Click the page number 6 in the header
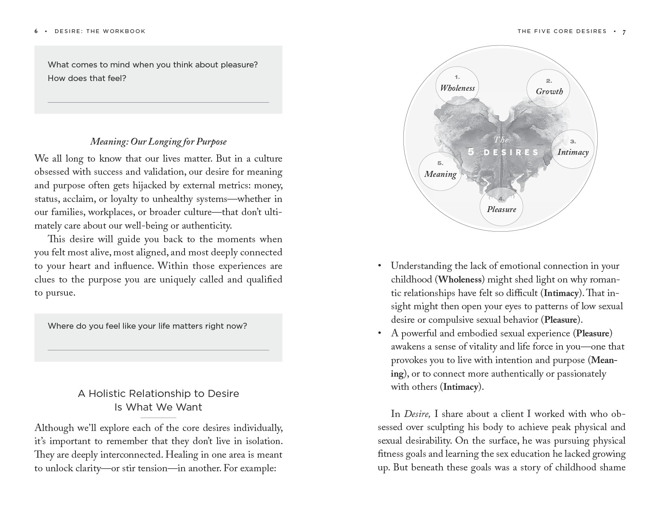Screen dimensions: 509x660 36,31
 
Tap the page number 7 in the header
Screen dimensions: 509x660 624,32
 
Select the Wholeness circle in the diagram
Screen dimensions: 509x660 457,85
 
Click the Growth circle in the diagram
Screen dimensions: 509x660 548,88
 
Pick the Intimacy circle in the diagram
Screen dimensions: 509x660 573,149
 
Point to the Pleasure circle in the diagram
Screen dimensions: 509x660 501,207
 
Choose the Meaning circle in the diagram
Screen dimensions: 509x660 440,171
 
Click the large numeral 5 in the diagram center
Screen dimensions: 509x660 471,152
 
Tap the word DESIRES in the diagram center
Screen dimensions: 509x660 511,153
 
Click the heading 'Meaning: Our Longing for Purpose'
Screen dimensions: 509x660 158,142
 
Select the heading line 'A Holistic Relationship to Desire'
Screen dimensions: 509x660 158,394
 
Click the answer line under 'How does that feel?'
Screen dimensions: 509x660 158,102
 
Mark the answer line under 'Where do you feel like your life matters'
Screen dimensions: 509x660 158,350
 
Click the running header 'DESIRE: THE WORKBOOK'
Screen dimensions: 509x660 100,31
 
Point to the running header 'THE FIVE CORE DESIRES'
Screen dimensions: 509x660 562,31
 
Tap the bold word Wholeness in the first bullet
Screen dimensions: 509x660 460,280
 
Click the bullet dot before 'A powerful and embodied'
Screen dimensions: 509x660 380,334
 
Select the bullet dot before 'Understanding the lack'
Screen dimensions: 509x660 380,266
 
